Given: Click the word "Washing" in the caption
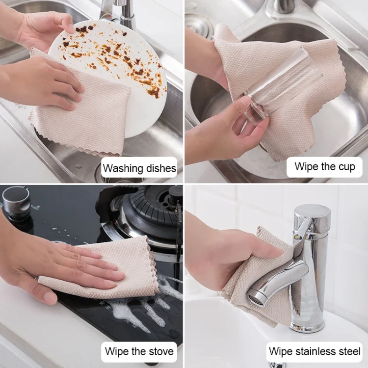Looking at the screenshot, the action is click(x=123, y=168).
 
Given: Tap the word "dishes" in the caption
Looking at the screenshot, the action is click(x=161, y=168).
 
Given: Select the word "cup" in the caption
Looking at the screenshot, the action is click(x=346, y=167).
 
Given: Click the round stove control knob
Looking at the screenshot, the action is click(x=16, y=200).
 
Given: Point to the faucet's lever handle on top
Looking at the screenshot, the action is click(x=303, y=229).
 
